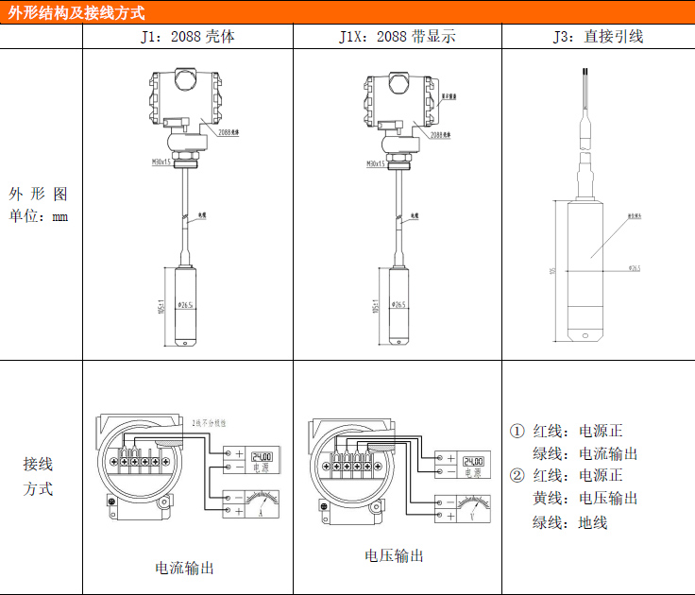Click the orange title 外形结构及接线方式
pyautogui.click(x=77, y=12)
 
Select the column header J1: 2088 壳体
pyautogui.click(x=187, y=37)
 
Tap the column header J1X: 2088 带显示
pyautogui.click(x=397, y=37)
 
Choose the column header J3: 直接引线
pyautogui.click(x=598, y=37)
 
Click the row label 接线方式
pyautogui.click(x=38, y=477)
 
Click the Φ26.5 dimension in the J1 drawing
pyautogui.click(x=184, y=305)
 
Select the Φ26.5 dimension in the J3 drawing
pyautogui.click(x=634, y=268)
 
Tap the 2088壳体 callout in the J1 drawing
pyautogui.click(x=228, y=133)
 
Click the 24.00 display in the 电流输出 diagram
pyautogui.click(x=261, y=456)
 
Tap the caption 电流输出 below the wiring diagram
pyautogui.click(x=184, y=568)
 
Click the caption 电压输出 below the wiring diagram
pyautogui.click(x=395, y=555)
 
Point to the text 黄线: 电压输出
pyautogui.click(x=585, y=498)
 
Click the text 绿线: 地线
pyautogui.click(x=570, y=521)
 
